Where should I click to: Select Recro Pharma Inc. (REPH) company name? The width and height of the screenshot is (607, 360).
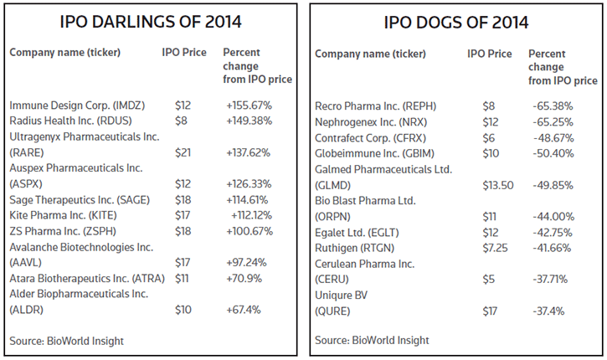[376, 105]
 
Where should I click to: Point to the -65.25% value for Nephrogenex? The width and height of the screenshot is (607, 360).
[553, 121]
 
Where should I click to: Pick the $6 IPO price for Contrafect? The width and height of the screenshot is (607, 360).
[488, 137]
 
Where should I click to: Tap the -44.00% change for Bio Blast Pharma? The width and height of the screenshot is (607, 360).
[553, 216]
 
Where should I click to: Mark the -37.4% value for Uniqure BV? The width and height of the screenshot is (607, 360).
[549, 311]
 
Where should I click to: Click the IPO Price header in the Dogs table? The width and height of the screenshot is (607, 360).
[490, 54]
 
